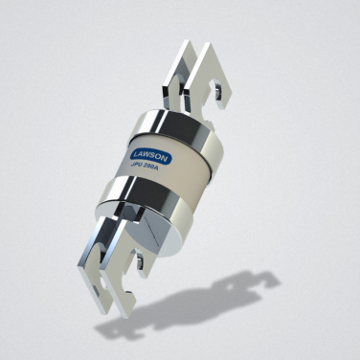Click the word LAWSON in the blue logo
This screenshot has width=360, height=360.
151,156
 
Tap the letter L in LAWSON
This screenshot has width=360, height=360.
136,153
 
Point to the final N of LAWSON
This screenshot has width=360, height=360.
167,160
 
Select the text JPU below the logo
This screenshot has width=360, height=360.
137,164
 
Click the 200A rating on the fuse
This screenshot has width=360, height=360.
151,167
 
